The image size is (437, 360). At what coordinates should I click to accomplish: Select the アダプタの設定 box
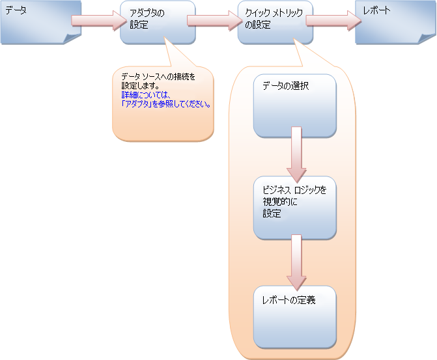click(x=158, y=22)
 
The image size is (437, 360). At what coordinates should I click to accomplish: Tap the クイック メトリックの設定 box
click(x=275, y=22)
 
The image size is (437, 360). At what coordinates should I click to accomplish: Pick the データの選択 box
click(x=294, y=105)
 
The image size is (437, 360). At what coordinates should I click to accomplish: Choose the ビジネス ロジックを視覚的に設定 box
click(x=294, y=208)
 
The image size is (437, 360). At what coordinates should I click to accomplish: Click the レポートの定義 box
click(x=294, y=316)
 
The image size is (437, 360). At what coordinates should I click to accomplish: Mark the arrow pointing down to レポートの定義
click(x=296, y=262)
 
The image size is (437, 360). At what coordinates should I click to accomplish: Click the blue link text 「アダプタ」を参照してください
click(x=165, y=103)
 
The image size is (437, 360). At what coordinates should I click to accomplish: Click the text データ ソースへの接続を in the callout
click(x=158, y=77)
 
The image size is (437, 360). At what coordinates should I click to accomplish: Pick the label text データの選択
click(x=285, y=86)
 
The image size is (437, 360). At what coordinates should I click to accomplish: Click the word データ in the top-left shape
click(x=16, y=10)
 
